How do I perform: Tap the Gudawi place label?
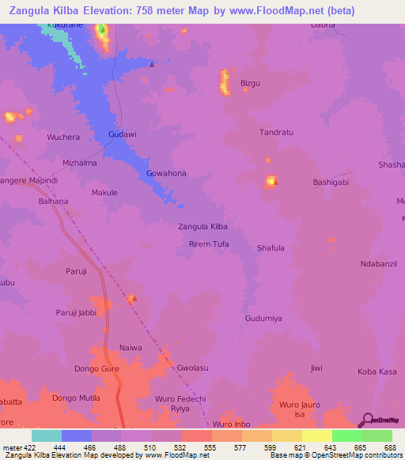click(x=123, y=134)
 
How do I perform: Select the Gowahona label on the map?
click(x=166, y=173)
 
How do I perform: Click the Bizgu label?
click(x=250, y=83)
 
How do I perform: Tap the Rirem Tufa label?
click(x=209, y=244)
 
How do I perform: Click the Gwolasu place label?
click(x=193, y=368)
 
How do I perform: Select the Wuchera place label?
click(x=63, y=138)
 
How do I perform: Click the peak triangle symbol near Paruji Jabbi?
click(x=133, y=299)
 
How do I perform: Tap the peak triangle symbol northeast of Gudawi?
click(x=152, y=65)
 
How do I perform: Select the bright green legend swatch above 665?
click(x=346, y=435)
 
